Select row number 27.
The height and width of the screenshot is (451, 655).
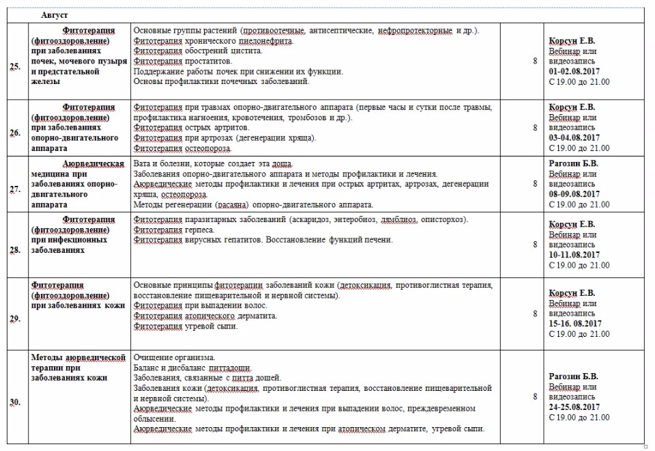pos(14,189)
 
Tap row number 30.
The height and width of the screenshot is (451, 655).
pos(14,402)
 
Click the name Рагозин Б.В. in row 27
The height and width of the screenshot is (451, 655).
pos(574,164)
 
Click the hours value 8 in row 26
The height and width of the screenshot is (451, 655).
pos(535,128)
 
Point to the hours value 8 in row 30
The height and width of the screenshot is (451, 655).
pos(535,396)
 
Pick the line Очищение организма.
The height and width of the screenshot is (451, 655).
pos(175,357)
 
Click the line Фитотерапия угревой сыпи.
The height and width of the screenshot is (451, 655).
pos(186,327)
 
